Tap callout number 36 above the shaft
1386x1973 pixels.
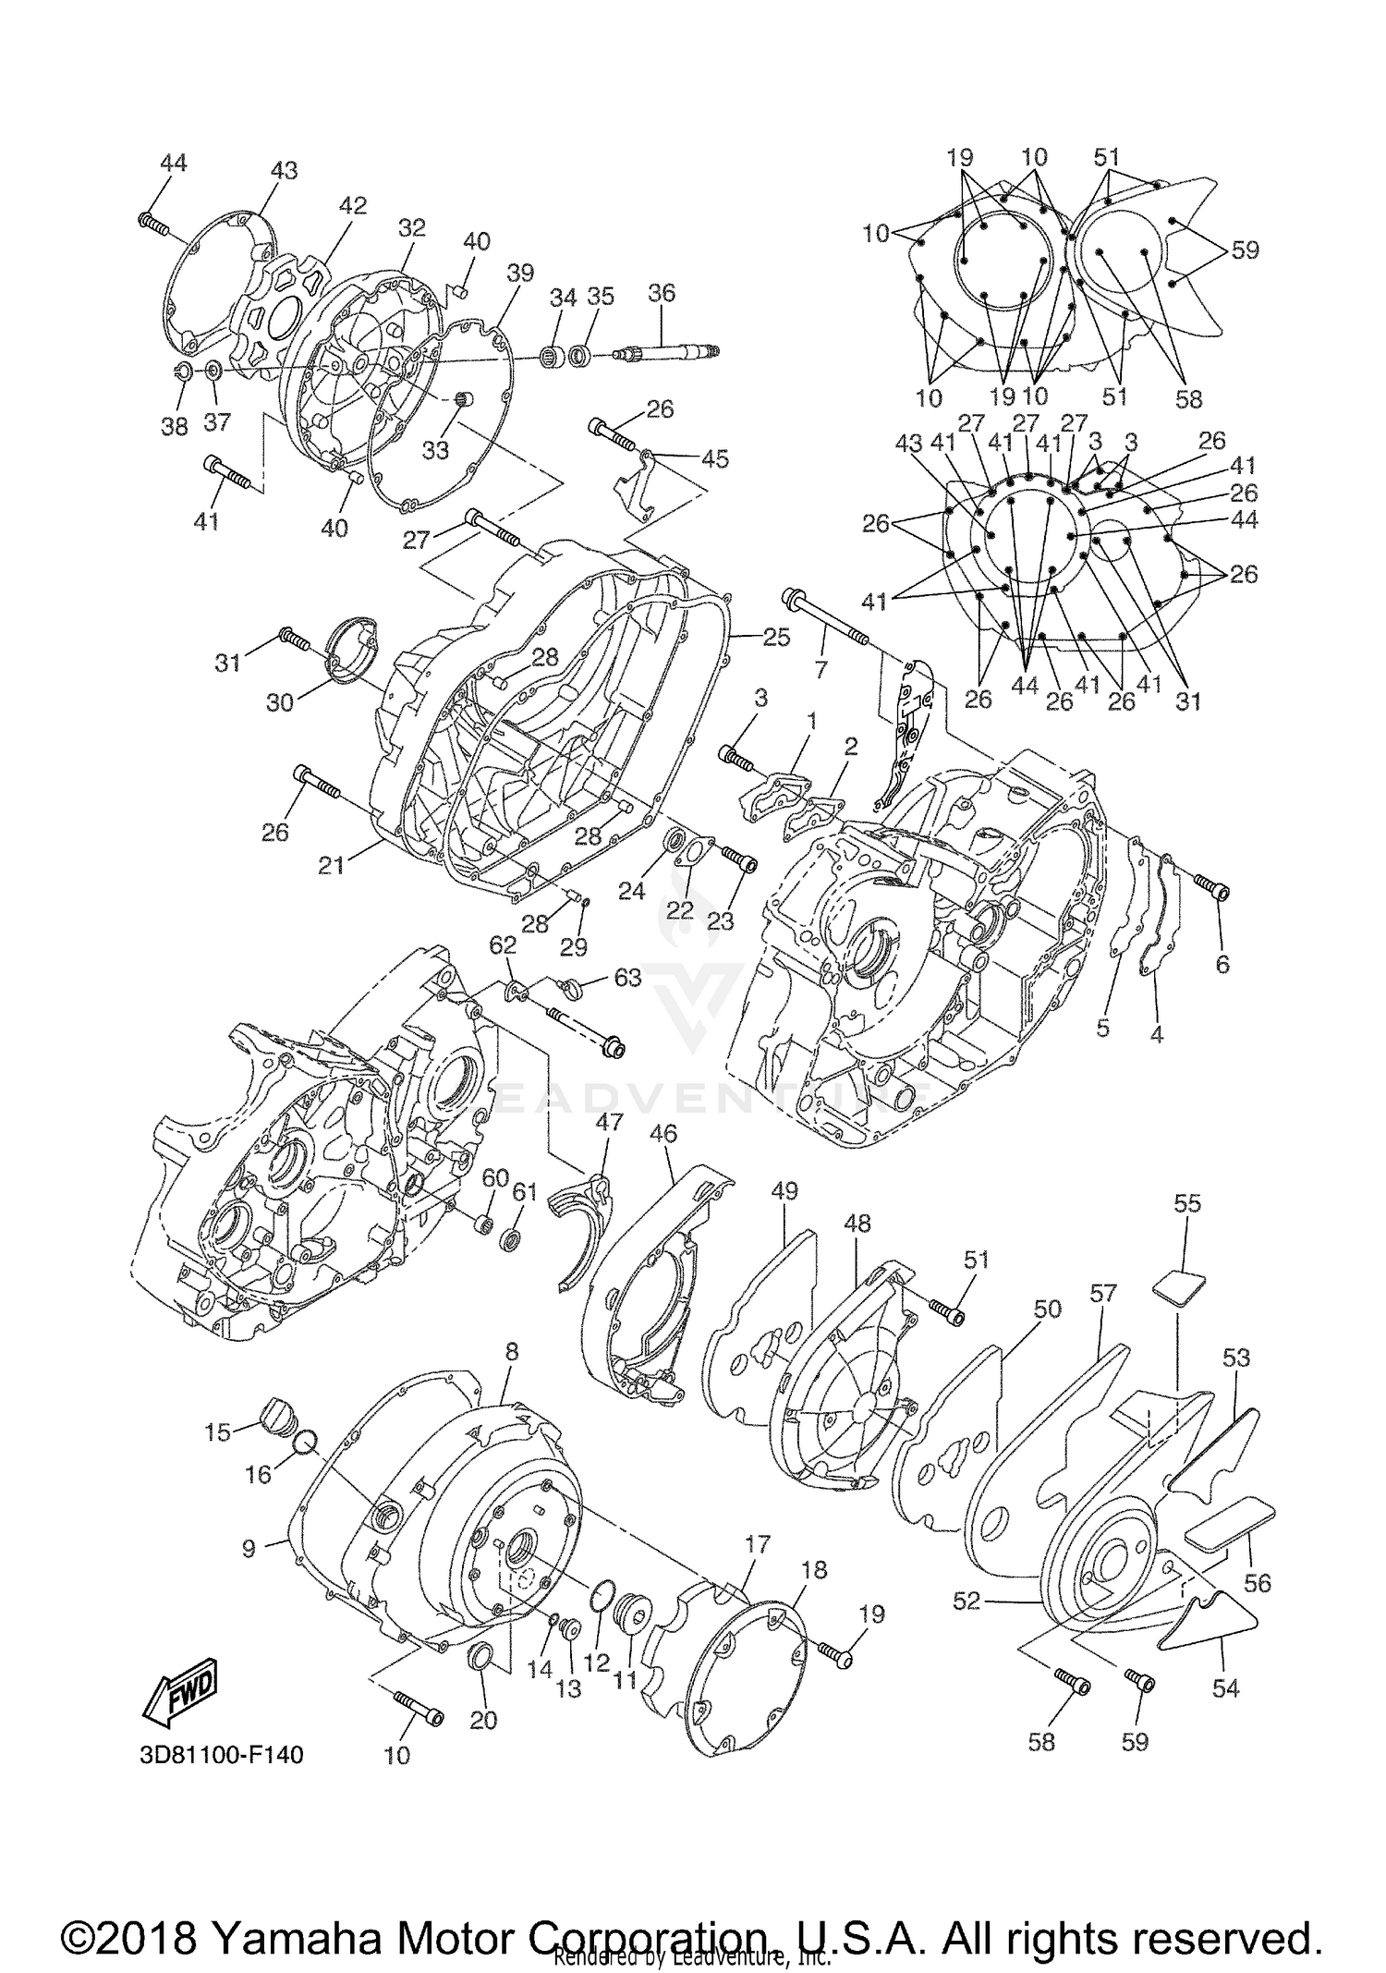point(662,293)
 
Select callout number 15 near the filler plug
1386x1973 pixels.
point(218,1432)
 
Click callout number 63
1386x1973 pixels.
point(627,978)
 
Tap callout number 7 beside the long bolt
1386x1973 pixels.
point(821,668)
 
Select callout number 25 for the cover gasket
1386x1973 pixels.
point(776,637)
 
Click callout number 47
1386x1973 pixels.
point(609,1122)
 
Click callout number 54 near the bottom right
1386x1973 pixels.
point(1225,1688)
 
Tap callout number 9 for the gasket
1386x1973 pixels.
point(249,1547)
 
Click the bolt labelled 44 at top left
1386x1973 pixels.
point(153,221)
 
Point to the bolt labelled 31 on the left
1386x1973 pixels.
point(293,637)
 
